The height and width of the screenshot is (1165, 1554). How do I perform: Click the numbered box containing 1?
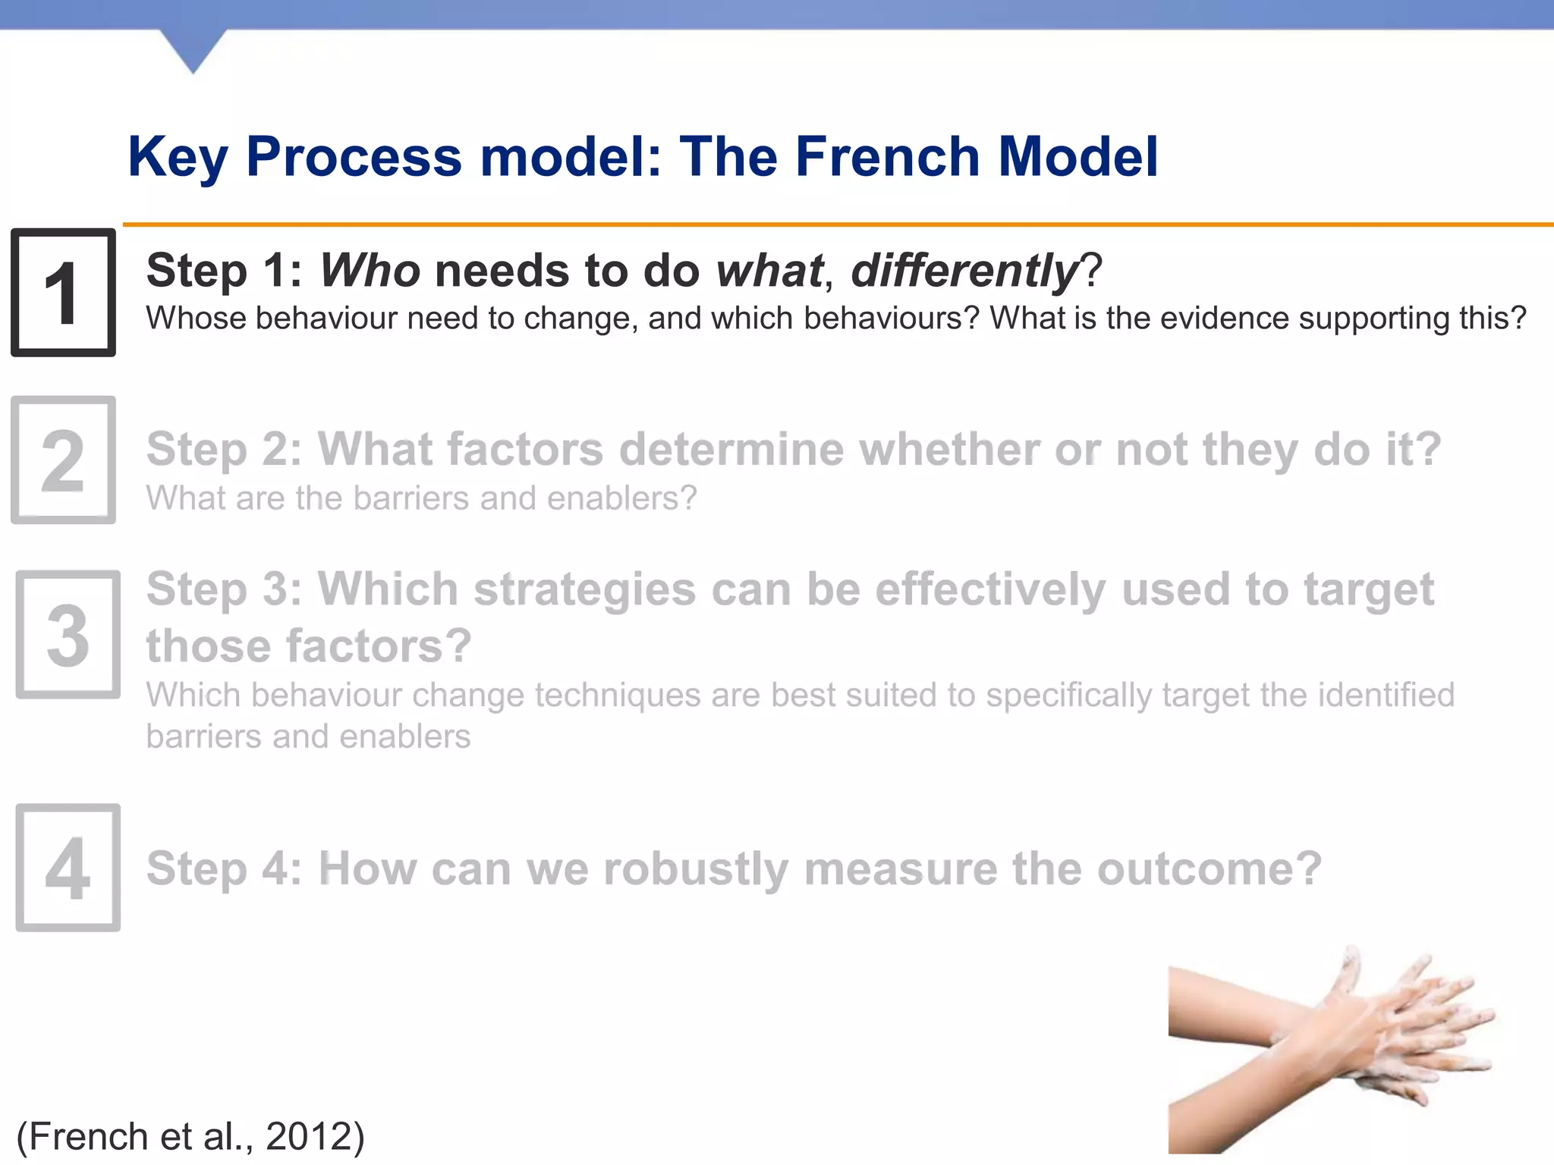[63, 293]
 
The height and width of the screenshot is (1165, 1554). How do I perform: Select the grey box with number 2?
[63, 460]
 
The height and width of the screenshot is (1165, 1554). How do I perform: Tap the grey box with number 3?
[68, 634]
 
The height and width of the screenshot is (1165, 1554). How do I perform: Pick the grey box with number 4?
[68, 867]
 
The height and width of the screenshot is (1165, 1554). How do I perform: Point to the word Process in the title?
[354, 157]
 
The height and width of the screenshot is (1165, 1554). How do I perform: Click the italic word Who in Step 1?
[370, 271]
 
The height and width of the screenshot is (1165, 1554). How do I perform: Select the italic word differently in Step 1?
[964, 271]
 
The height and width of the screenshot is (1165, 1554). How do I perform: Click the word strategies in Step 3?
[584, 589]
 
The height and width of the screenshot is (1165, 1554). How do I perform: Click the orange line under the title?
[835, 225]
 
